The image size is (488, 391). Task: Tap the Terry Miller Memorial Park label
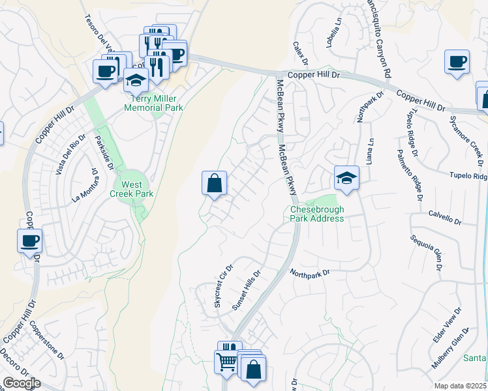coord(157,103)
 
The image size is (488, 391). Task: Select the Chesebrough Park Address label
coord(316,214)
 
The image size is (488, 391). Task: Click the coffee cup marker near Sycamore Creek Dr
coord(457,63)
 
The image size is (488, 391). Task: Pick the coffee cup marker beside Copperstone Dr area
coord(29,241)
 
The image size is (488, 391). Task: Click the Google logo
coord(21,383)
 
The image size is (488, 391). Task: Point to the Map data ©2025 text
coord(461,386)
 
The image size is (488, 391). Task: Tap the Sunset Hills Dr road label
coord(247,292)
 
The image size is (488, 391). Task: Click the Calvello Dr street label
coord(445,218)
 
